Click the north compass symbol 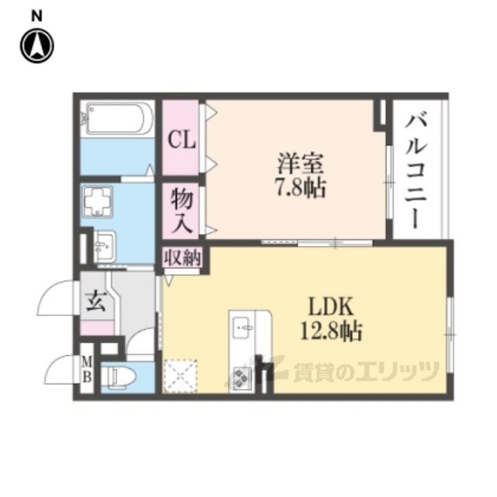[36, 45]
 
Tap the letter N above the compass [36, 16]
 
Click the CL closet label [182, 141]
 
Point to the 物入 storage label [182, 209]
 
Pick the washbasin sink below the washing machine [105, 248]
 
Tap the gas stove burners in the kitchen [242, 377]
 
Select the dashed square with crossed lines [182, 377]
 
